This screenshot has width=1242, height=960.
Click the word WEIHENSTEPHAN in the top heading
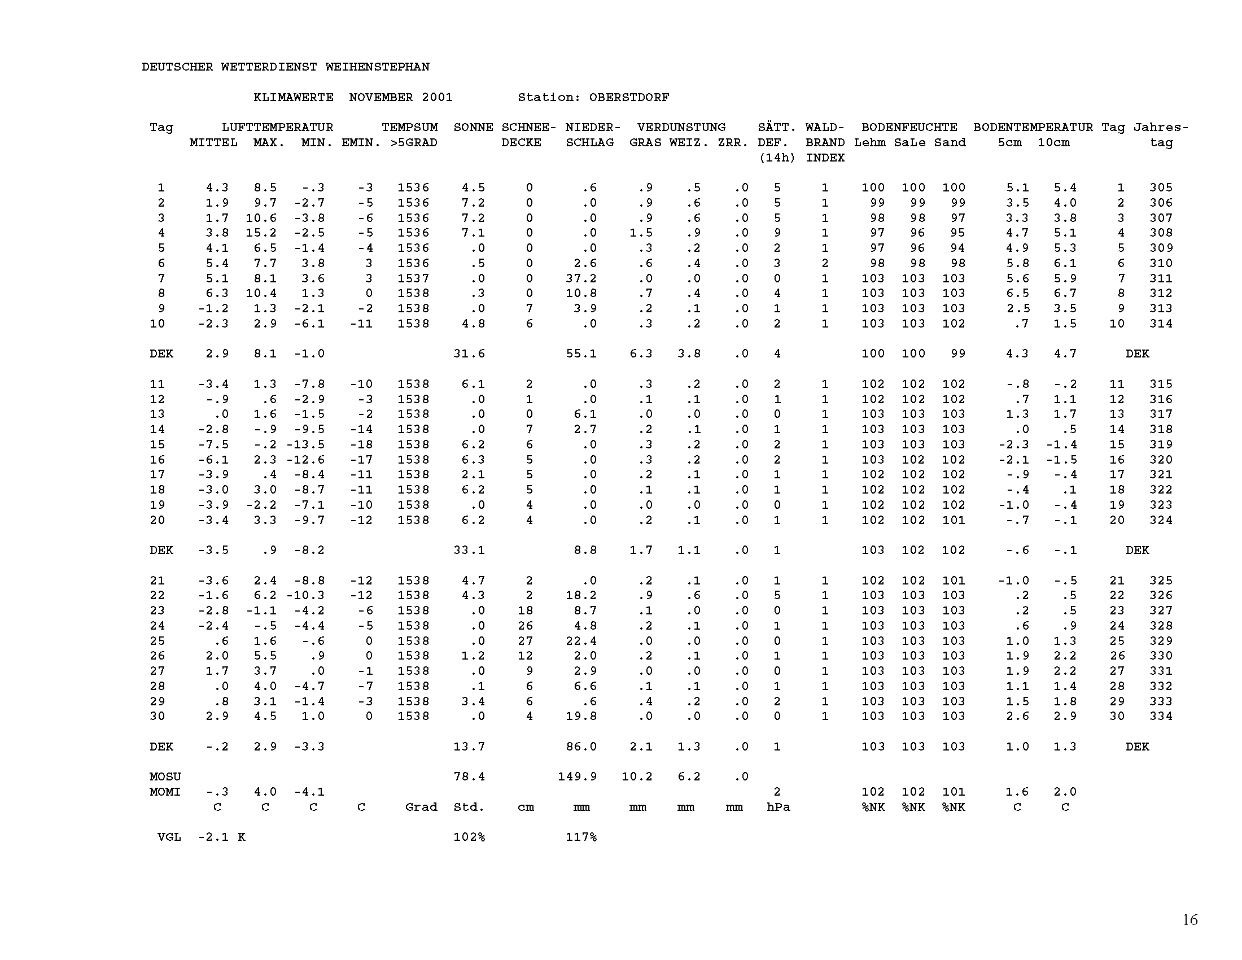[x=377, y=67]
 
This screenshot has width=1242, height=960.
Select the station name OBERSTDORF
[x=629, y=97]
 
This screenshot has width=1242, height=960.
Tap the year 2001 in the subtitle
[x=437, y=97]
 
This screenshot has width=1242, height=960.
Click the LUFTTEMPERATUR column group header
[x=277, y=128]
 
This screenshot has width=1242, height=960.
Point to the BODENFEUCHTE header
[x=909, y=128]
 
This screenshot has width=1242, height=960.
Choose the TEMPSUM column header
[x=409, y=128]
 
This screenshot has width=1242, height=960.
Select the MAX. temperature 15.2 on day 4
[x=261, y=233]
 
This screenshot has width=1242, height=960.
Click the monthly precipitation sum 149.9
[x=577, y=776]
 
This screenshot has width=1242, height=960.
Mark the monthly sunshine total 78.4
[x=469, y=776]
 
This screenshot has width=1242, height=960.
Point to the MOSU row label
[x=165, y=776]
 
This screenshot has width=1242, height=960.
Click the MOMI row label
[x=165, y=792]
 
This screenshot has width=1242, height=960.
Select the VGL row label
[x=169, y=837]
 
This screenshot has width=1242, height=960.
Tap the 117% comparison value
[x=581, y=837]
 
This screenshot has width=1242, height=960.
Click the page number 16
[x=1189, y=919]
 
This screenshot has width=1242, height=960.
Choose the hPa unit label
[x=778, y=807]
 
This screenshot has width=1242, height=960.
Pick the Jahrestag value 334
[x=1161, y=716]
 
